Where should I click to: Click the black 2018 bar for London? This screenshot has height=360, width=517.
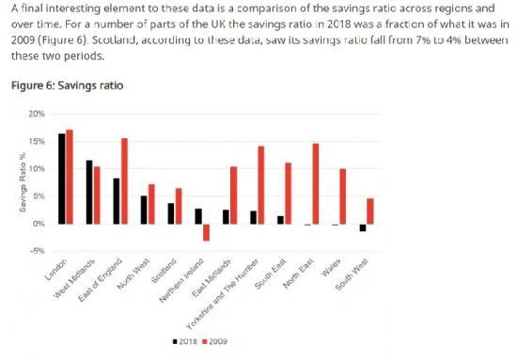point(62,179)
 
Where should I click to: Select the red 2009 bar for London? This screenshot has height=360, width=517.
point(70,177)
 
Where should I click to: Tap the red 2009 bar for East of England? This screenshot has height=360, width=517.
point(124,181)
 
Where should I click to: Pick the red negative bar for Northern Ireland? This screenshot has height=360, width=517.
point(206,232)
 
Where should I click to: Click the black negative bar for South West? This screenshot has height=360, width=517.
point(363,227)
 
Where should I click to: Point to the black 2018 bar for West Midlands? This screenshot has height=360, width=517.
point(89,192)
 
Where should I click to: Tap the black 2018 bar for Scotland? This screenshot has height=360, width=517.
point(170,213)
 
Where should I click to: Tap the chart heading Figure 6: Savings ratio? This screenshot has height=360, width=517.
point(66,86)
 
